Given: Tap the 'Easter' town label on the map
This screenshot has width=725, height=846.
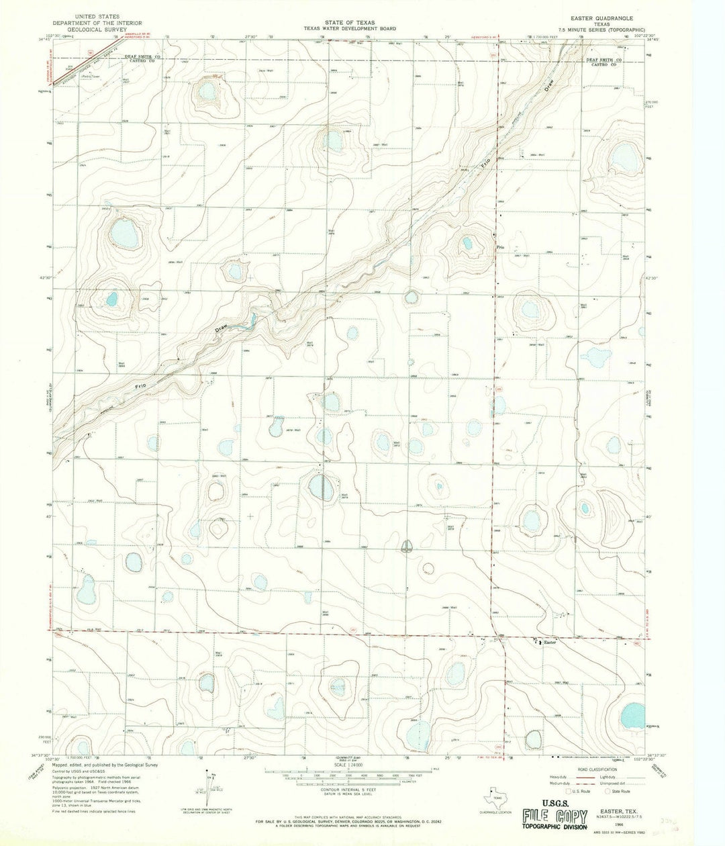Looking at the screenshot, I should click(550, 643).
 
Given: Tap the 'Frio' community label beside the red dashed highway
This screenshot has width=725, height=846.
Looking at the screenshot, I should click(500, 247).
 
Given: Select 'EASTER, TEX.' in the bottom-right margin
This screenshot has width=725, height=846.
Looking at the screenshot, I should click(614, 812).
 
